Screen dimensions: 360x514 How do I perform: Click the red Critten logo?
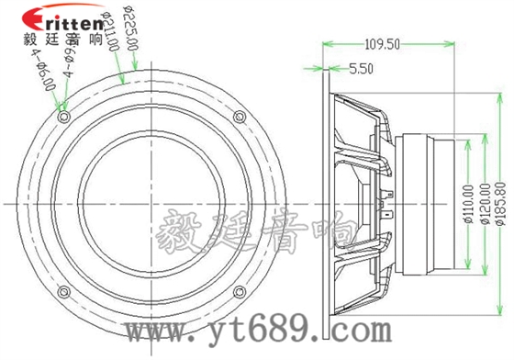(50, 17)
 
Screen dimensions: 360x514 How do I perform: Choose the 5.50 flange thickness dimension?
(362, 67)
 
